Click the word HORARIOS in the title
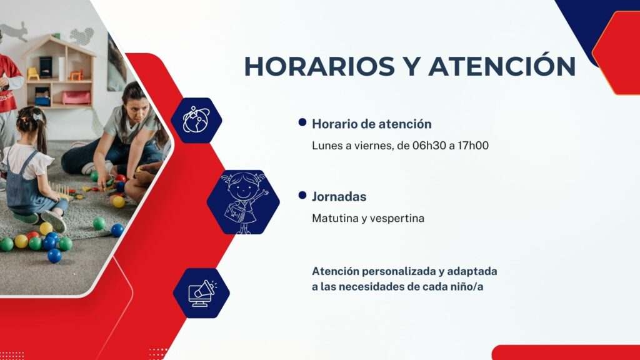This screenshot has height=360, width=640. [x=319, y=66]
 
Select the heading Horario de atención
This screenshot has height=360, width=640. [x=371, y=124]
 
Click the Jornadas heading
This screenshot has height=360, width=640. [x=339, y=196]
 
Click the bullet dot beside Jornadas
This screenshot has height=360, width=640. [x=302, y=195]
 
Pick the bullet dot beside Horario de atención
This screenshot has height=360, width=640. [x=302, y=122]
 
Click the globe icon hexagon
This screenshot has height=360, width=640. [x=196, y=121]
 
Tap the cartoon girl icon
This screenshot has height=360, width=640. [x=244, y=202]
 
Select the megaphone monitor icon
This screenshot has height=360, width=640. [x=202, y=293]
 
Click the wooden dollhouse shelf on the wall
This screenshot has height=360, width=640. [x=59, y=72]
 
